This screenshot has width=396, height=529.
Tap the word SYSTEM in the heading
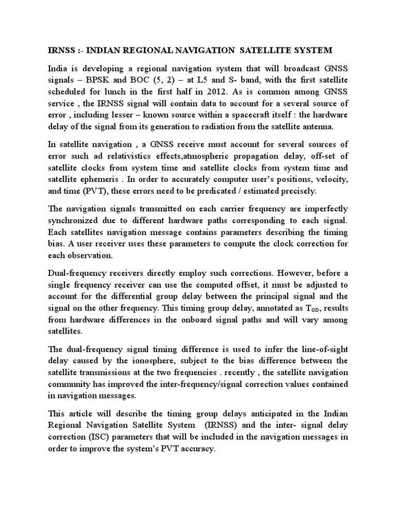coord(311,50)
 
